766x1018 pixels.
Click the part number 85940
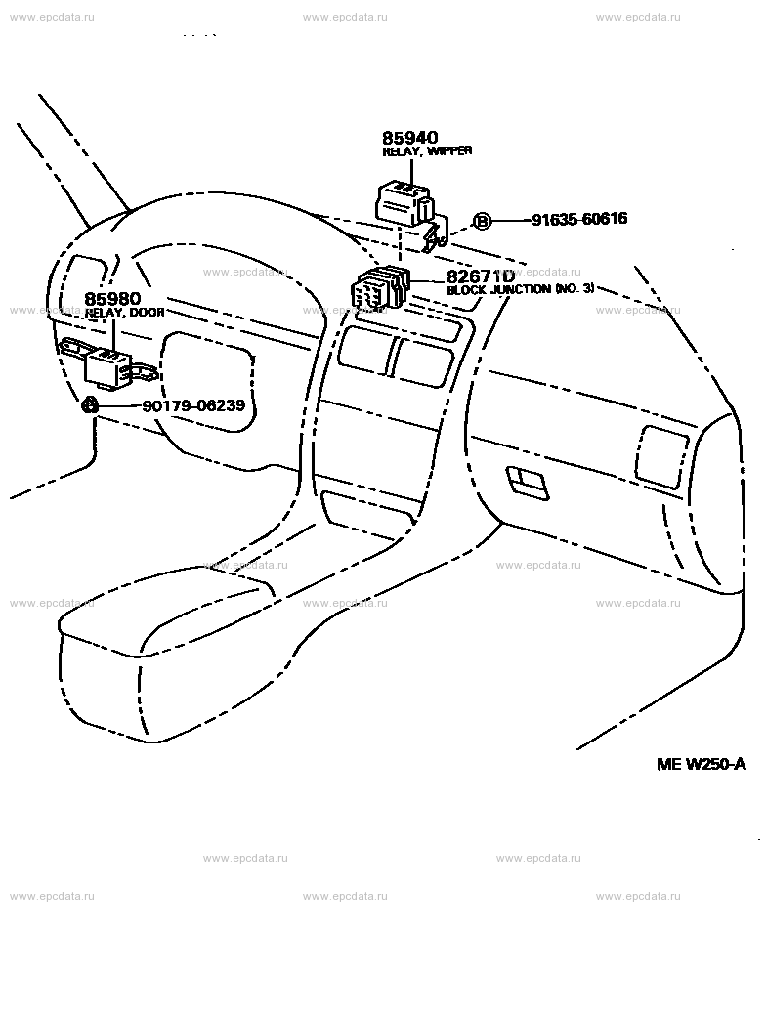pyautogui.click(x=409, y=138)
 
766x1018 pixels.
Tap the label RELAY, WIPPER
pyautogui.click(x=426, y=151)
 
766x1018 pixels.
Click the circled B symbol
pyautogui.click(x=482, y=221)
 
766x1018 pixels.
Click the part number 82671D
pyautogui.click(x=481, y=277)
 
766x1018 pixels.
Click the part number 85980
pyautogui.click(x=112, y=298)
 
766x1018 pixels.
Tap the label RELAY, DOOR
pyautogui.click(x=124, y=313)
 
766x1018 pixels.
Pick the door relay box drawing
pyautogui.click(x=107, y=366)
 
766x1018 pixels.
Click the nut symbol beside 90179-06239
pyautogui.click(x=89, y=404)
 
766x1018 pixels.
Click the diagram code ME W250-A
pyautogui.click(x=701, y=763)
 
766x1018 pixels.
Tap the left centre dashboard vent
pyautogui.click(x=363, y=350)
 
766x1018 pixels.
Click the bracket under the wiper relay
pyautogui.click(x=436, y=233)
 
